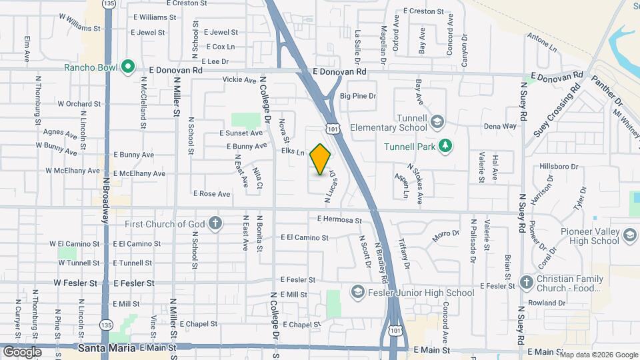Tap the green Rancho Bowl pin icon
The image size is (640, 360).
click(x=129, y=67)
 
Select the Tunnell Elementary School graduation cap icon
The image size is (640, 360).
click(x=437, y=121)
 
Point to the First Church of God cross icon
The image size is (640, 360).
click(x=215, y=223)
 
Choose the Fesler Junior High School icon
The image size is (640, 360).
click(x=357, y=293)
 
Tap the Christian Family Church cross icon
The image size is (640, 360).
click(x=526, y=281)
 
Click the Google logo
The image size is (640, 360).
click(x=22, y=351)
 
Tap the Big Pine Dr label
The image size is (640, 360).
click(x=358, y=97)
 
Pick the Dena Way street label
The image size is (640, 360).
click(x=500, y=126)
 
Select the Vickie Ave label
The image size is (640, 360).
click(x=239, y=80)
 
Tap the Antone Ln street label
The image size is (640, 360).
click(x=541, y=43)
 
